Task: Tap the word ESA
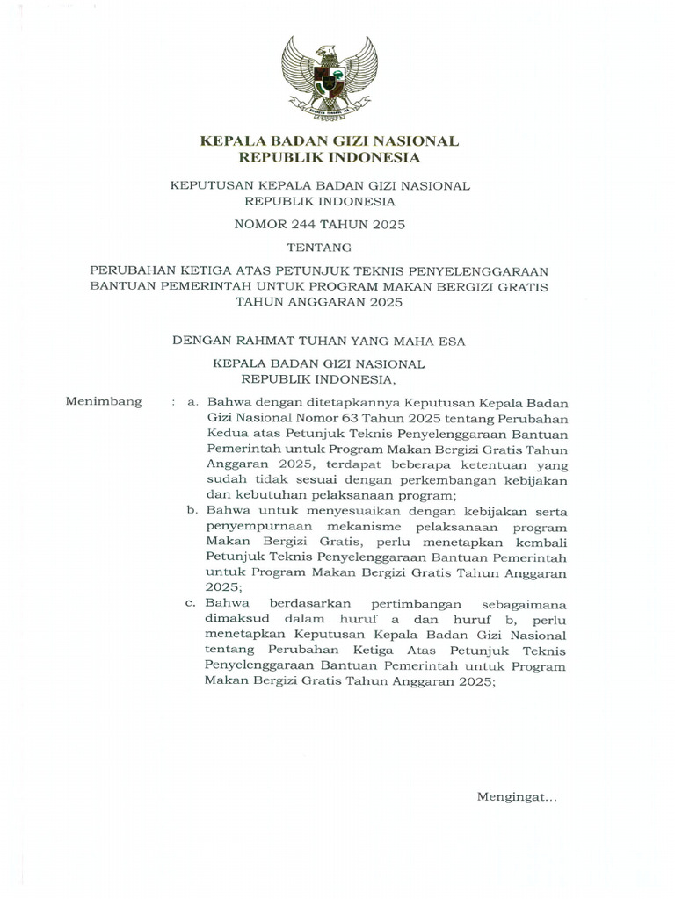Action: coord(451,337)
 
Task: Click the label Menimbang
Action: coord(104,401)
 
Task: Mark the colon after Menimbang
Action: coord(174,401)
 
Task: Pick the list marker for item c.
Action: coord(192,603)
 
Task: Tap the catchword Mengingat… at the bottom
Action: coord(517,796)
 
